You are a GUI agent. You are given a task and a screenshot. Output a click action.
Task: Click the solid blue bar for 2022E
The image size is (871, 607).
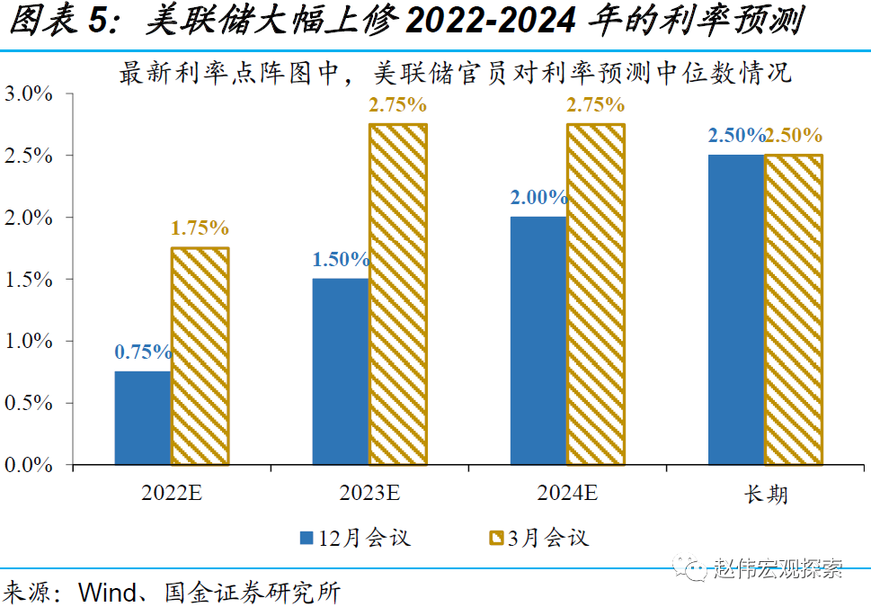[x=143, y=418]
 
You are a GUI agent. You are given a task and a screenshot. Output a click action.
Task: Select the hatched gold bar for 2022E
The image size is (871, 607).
[x=200, y=356]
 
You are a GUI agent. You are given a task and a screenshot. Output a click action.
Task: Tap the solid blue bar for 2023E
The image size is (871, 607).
[x=341, y=371]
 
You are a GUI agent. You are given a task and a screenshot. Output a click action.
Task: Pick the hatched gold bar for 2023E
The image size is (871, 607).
[x=397, y=294]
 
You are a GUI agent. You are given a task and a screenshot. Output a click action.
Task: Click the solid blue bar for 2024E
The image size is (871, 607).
[x=538, y=341]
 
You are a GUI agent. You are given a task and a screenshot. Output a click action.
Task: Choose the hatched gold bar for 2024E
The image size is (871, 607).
[x=595, y=294]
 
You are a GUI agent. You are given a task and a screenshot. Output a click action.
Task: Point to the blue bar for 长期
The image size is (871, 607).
[x=736, y=309]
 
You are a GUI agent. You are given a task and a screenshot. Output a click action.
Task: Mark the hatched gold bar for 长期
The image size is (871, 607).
[x=793, y=309]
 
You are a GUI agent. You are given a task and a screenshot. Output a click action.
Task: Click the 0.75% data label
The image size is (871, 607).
[x=143, y=353]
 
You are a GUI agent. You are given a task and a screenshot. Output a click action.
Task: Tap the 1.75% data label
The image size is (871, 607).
[x=200, y=228]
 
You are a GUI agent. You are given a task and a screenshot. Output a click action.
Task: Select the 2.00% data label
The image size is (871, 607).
[x=538, y=198]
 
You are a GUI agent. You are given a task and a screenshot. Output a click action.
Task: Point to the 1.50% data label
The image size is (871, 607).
[x=341, y=260]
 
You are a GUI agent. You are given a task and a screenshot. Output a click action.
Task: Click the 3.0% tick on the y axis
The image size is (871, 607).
[x=31, y=94]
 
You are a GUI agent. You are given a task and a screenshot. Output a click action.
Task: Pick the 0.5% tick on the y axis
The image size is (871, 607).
[x=31, y=403]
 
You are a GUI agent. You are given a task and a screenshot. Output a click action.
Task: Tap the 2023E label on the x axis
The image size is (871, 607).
[x=369, y=493]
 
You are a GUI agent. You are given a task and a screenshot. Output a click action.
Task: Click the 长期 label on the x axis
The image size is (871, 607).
[x=766, y=494]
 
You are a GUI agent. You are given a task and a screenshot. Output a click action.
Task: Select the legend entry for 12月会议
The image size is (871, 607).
[x=354, y=538]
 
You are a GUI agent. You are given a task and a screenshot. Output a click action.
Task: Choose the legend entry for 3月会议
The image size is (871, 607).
[x=538, y=538]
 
